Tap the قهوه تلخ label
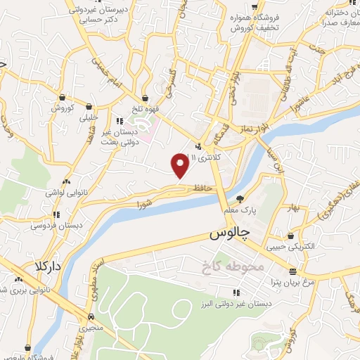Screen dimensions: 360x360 pyautogui.click(x=146, y=110)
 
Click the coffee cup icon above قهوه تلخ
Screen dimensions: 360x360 pyautogui.click(x=145, y=98)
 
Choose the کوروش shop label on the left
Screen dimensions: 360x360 pyautogui.click(x=63, y=108)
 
